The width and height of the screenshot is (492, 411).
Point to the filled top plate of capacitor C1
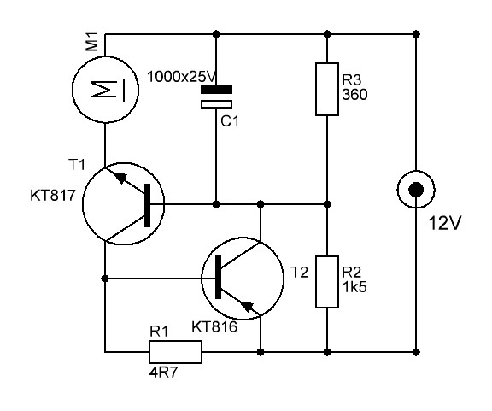pyautogui.click(x=216, y=89)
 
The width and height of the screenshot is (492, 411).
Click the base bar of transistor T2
pyautogui.click(x=218, y=277)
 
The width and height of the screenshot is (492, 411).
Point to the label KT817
pyautogui.click(x=53, y=196)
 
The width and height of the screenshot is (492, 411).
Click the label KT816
pyautogui.click(x=214, y=327)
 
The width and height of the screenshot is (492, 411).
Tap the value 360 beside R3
pyautogui.click(x=354, y=95)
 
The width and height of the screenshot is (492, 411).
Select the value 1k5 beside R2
pyautogui.click(x=354, y=287)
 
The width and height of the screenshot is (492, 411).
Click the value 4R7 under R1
pyautogui.click(x=163, y=373)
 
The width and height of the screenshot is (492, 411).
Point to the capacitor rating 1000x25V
pyautogui.click(x=182, y=77)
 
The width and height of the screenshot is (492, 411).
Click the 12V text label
pyautogui.click(x=445, y=223)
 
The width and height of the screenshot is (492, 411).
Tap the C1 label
pyautogui.click(x=230, y=121)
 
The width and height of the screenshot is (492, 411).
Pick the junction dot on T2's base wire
pyautogui.click(x=105, y=279)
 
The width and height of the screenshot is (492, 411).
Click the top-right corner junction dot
pyautogui.click(x=416, y=34)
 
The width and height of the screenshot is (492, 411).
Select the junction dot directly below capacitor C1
pyautogui.click(x=216, y=204)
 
